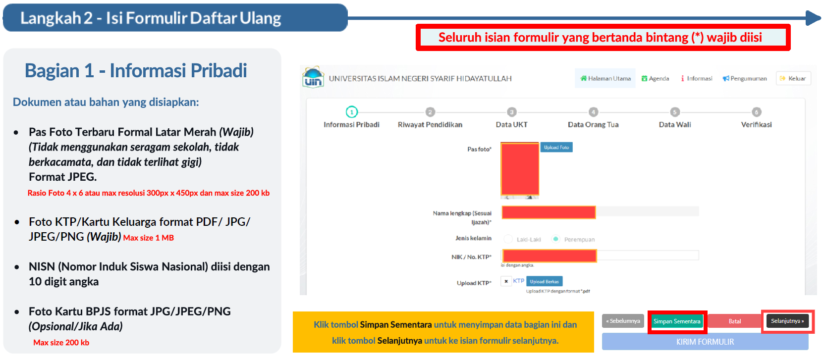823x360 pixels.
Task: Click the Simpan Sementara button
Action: (x=677, y=321)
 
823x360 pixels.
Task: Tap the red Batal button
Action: (x=734, y=321)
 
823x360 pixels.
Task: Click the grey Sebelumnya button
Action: (x=623, y=321)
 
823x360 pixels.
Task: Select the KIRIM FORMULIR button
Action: (x=705, y=342)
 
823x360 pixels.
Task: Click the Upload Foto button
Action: (x=556, y=147)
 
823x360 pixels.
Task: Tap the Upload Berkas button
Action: (x=544, y=281)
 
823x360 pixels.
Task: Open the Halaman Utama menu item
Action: (x=605, y=78)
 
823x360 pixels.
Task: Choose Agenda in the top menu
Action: (x=655, y=78)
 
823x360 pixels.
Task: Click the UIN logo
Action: (x=313, y=78)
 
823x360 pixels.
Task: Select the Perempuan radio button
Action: (x=556, y=239)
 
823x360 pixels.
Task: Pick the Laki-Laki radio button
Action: (x=508, y=239)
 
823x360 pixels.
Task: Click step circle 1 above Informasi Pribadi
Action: (x=351, y=112)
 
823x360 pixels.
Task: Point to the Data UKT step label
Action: (x=511, y=125)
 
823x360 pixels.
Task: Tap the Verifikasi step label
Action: (x=756, y=125)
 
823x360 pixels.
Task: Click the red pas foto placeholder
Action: (x=520, y=169)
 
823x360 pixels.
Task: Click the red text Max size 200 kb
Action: (x=61, y=343)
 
